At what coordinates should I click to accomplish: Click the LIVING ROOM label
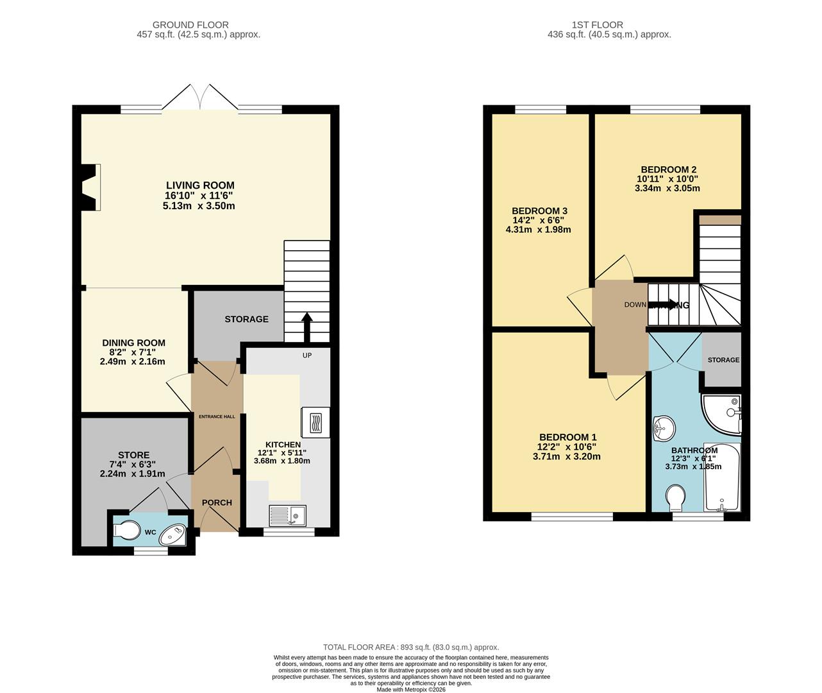(x=200, y=185)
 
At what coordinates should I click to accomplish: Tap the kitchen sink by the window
(x=287, y=515)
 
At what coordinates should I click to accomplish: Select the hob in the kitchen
(x=315, y=423)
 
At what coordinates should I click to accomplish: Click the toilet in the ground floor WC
(x=126, y=531)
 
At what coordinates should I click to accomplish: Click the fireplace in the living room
(x=90, y=187)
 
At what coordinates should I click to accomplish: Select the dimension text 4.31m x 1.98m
(x=538, y=229)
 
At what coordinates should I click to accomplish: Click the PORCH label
(x=217, y=502)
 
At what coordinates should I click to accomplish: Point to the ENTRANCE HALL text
(x=217, y=416)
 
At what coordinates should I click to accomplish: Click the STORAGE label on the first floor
(x=723, y=360)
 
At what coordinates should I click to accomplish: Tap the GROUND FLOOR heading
(x=199, y=25)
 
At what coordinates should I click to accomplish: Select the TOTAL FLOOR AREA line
(x=410, y=647)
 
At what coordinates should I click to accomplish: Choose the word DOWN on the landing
(x=635, y=305)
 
